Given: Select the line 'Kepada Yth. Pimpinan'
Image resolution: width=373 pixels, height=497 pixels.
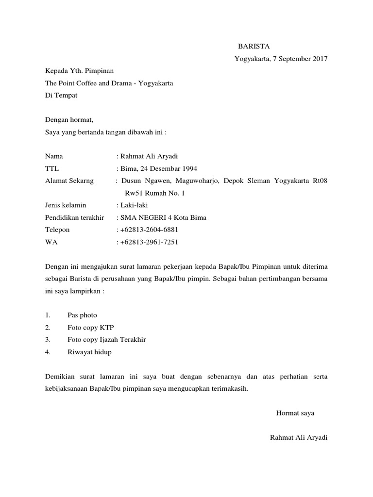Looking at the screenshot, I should click(79, 71).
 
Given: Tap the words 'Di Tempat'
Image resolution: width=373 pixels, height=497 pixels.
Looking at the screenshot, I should click(61, 96).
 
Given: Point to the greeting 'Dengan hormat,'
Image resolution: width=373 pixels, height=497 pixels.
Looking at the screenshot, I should click(68, 119).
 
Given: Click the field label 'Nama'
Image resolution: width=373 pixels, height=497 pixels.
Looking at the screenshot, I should click(54, 156).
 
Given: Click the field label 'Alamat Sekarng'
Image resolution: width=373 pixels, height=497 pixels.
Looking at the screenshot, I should click(69, 181).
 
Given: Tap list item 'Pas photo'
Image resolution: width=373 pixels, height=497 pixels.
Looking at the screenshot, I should click(82, 315).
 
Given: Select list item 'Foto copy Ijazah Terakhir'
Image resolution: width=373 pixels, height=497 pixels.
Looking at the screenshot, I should click(106, 340).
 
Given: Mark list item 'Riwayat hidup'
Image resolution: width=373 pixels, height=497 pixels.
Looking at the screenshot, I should click(89, 352).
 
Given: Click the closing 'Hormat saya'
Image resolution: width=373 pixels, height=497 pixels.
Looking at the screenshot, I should click(295, 414).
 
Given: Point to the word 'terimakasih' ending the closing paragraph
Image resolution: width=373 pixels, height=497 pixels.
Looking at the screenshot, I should click(230, 389).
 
